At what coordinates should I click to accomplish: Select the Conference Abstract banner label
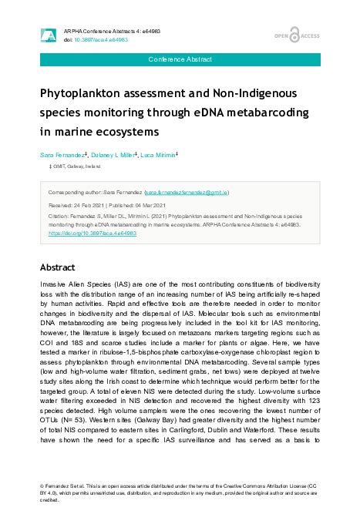(x=180, y=59)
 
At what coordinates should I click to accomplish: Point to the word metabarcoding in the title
(x=264, y=113)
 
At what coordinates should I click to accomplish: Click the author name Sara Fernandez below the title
(x=64, y=154)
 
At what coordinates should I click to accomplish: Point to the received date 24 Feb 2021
(x=89, y=207)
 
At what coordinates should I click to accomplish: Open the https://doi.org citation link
(x=93, y=232)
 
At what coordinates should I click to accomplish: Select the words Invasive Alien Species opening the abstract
(x=74, y=286)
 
